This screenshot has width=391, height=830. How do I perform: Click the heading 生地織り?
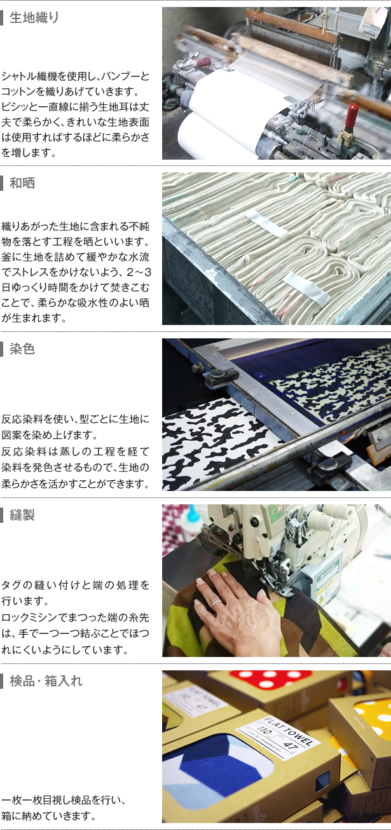[x=34, y=17]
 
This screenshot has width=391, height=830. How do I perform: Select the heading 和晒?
[x=22, y=183]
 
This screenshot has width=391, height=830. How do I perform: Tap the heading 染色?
[x=22, y=349]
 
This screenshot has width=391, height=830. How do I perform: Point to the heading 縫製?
[x=22, y=515]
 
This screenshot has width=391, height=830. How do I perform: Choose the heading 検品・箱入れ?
[x=46, y=681]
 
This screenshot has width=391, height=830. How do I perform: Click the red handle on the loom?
[x=351, y=116]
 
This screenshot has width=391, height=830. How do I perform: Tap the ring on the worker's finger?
[x=216, y=602]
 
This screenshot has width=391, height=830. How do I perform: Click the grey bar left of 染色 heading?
[x=1, y=349]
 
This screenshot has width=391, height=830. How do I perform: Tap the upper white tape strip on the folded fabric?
[x=266, y=225]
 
